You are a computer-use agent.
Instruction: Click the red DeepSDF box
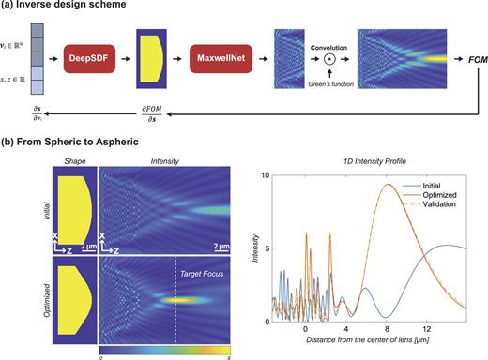click(90, 62)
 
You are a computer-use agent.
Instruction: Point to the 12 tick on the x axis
click(427, 331)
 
